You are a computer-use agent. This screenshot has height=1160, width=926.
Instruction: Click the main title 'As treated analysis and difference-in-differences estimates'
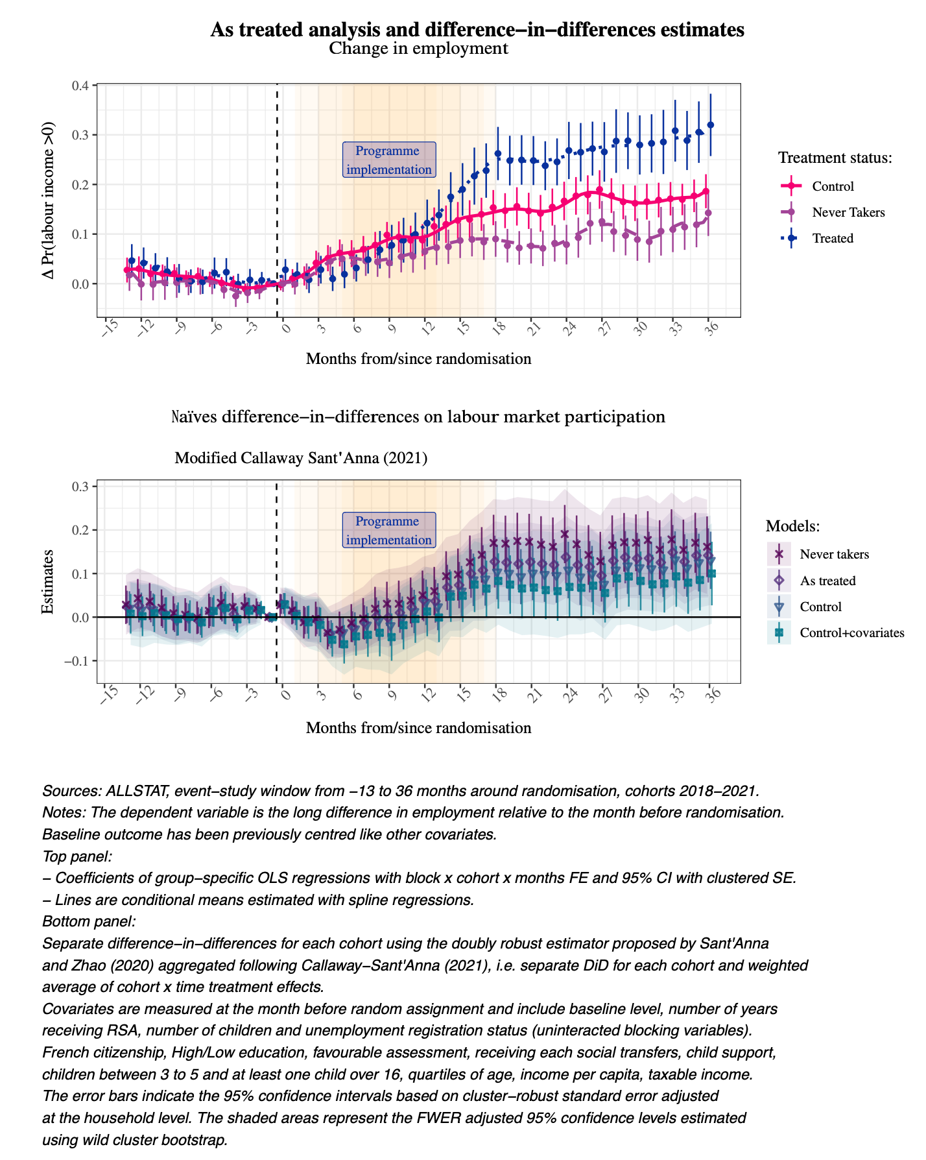pos(477,30)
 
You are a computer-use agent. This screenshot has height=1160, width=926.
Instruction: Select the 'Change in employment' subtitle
pos(418,49)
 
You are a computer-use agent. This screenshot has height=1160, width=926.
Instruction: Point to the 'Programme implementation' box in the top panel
pos(388,160)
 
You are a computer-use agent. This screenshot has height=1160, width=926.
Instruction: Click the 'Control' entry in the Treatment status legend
pos(833,187)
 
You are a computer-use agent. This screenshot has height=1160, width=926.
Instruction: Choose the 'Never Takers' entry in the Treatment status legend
pos(848,213)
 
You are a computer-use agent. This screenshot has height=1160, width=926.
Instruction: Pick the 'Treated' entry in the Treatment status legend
pos(833,239)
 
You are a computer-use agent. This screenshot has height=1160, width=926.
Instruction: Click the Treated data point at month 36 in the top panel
pos(711,125)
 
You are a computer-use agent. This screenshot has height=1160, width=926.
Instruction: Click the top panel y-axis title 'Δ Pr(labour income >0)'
pos(49,201)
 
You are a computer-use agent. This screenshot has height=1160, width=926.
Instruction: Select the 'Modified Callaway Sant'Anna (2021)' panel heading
pos(301,459)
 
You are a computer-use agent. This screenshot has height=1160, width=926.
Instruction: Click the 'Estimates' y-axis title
pos(47,581)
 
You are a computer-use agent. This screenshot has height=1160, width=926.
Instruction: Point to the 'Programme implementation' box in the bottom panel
pos(388,531)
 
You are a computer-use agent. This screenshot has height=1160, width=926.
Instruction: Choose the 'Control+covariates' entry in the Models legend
pos(851,633)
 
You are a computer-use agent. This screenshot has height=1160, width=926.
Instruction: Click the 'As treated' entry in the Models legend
pos(827,581)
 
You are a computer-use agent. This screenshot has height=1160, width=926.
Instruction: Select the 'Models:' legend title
pos(792,526)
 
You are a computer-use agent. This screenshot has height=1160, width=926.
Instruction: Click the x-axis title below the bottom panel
pos(418,728)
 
